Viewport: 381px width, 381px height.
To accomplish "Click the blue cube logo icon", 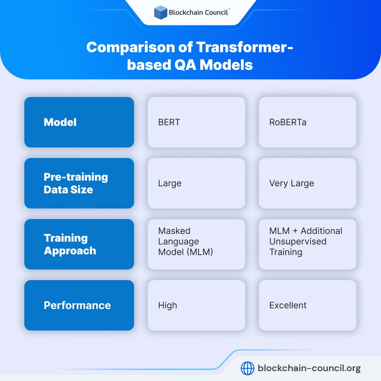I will [161, 12].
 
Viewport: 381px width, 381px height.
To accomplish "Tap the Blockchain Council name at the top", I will [199, 12].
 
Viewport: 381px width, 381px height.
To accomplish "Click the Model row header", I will [79, 122].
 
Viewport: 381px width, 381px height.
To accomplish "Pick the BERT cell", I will [196, 122].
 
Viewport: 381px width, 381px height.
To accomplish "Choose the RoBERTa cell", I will [307, 122].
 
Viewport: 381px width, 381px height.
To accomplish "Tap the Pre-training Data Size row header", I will [79, 183].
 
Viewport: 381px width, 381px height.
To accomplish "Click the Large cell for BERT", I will [196, 183].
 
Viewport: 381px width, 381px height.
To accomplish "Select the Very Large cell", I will [307, 183].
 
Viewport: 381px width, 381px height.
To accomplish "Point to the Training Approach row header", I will [79, 244].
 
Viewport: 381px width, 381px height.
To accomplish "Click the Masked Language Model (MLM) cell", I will [196, 244].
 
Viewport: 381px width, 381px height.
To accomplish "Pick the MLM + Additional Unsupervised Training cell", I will [307, 244].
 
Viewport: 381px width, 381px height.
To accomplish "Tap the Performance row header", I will [79, 305].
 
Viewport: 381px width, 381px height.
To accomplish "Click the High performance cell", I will [196, 305].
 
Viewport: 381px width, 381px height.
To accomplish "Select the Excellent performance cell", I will [307, 305].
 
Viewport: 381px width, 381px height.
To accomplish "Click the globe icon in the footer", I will [247, 368].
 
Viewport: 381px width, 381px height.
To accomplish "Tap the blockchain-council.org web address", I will [309, 368].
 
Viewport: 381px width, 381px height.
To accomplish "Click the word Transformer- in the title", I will [244, 47].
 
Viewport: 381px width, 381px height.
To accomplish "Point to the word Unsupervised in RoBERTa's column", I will [298, 241].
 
